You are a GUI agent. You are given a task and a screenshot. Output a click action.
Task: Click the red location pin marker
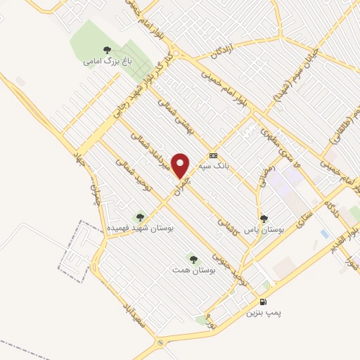click(181, 165)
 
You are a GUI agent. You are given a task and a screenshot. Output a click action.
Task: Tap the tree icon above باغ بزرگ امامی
click(107, 50)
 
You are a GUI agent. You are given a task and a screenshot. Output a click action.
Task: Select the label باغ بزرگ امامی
click(107, 61)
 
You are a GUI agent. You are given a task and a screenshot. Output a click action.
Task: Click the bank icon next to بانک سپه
click(214, 155)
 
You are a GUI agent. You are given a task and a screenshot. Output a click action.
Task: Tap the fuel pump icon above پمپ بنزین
click(264, 302)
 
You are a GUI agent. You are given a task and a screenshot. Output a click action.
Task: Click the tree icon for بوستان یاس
click(264, 219)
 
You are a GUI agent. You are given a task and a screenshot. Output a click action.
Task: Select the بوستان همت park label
click(193, 269)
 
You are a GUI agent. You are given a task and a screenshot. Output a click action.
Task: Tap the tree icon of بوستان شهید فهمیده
click(139, 218)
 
